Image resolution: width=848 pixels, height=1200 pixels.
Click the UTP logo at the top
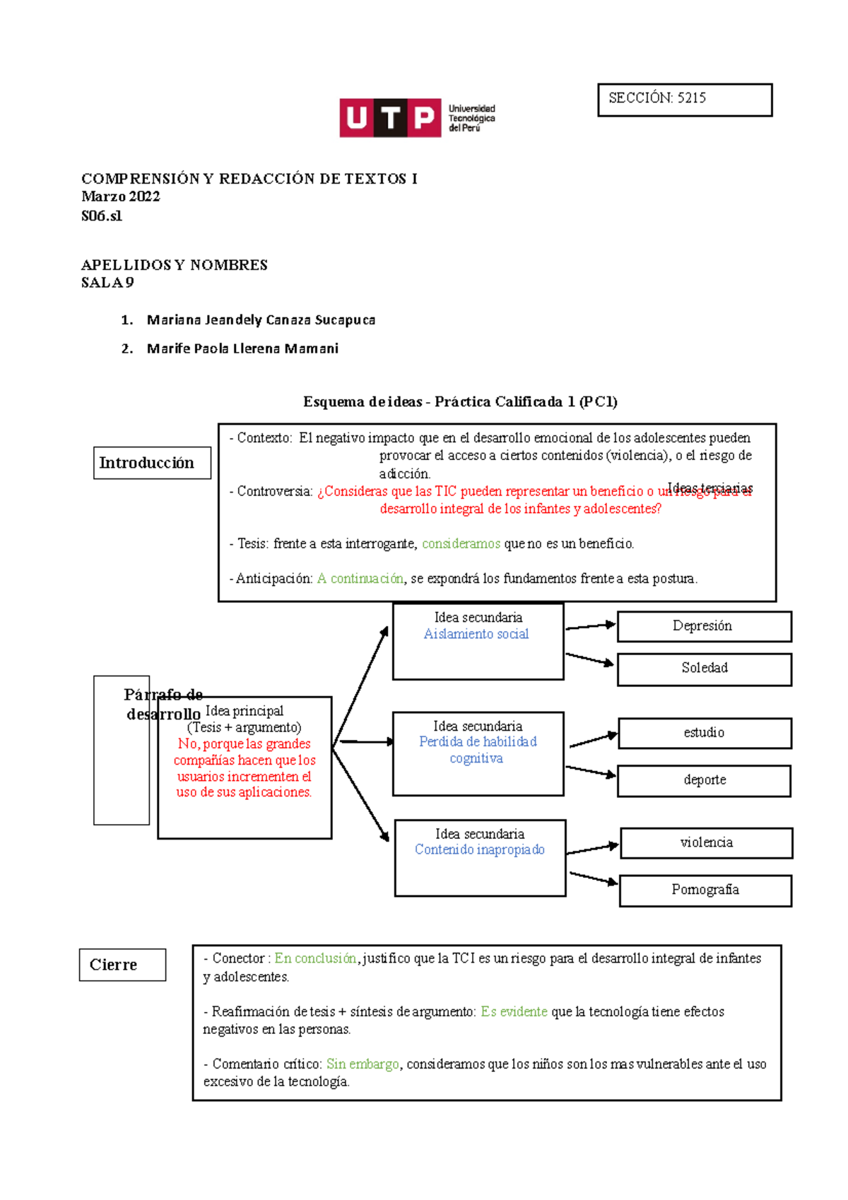pyautogui.click(x=417, y=118)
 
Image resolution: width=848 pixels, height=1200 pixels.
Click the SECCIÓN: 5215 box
pyautogui.click(x=685, y=100)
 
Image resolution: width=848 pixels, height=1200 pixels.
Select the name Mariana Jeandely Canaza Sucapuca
pyautogui.click(x=261, y=320)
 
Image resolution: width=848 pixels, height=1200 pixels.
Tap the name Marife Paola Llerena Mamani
pyautogui.click(x=242, y=348)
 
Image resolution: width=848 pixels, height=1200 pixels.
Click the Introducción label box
pyautogui.click(x=152, y=463)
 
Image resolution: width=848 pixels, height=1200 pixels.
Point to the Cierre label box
pyautogui.click(x=122, y=965)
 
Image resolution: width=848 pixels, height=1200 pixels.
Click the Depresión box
pyautogui.click(x=704, y=627)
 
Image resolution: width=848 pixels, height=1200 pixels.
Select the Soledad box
pyautogui.click(x=704, y=669)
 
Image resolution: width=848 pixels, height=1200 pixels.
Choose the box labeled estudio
pyautogui.click(x=705, y=733)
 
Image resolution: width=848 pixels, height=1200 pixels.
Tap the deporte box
pyautogui.click(x=704, y=780)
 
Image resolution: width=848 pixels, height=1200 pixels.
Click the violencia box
pyautogui.click(x=706, y=842)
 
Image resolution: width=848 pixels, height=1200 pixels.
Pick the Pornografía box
pyautogui.click(x=705, y=890)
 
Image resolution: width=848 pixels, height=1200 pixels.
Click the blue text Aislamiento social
pyautogui.click(x=476, y=635)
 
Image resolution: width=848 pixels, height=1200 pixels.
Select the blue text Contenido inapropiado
pyautogui.click(x=480, y=849)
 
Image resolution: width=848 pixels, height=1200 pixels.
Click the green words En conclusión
pyautogui.click(x=315, y=958)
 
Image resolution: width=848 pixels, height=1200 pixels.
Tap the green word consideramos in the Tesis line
pyautogui.click(x=461, y=543)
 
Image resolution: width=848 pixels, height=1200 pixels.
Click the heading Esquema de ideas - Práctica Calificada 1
pyautogui.click(x=460, y=402)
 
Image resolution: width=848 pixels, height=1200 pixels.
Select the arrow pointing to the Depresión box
pyautogui.click(x=591, y=626)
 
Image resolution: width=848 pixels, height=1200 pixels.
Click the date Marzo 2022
pyautogui.click(x=121, y=196)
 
